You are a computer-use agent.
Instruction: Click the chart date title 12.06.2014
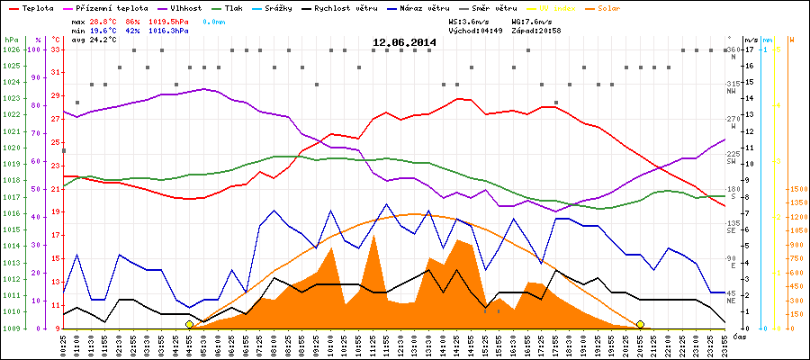(x=404, y=42)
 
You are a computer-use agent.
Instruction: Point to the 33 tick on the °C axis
(x=56, y=49)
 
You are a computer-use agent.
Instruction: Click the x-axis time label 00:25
(x=64, y=344)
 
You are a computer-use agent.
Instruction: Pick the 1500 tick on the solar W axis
(x=797, y=189)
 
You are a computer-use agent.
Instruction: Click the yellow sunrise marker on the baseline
(x=189, y=324)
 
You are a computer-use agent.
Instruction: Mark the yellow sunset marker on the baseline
(x=640, y=324)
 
